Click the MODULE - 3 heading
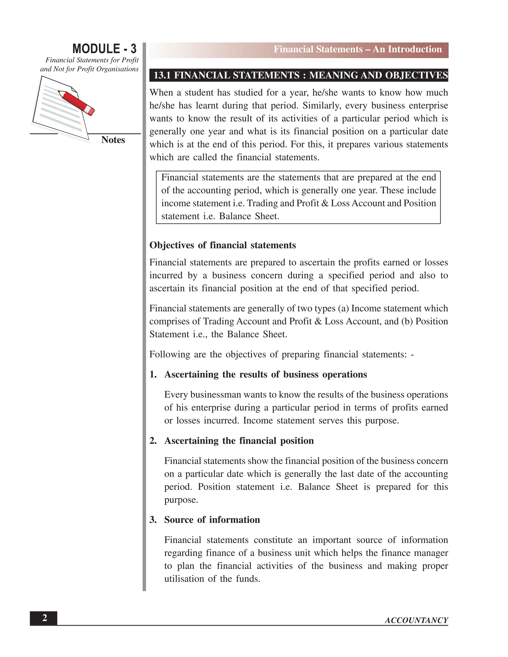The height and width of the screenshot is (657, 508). [104, 49]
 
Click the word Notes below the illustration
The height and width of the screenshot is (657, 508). [113, 140]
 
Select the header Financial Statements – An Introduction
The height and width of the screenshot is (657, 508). [357, 49]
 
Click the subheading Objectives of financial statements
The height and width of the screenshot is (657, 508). [222, 245]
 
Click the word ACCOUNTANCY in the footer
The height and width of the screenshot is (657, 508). [416, 620]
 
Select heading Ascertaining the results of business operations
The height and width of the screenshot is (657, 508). [265, 375]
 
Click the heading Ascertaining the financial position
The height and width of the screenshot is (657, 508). [239, 441]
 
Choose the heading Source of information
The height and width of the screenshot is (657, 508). [212, 520]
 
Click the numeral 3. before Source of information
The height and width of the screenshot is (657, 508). [153, 520]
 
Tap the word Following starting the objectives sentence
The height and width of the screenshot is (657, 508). [169, 354]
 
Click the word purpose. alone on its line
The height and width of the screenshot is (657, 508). [181, 500]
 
